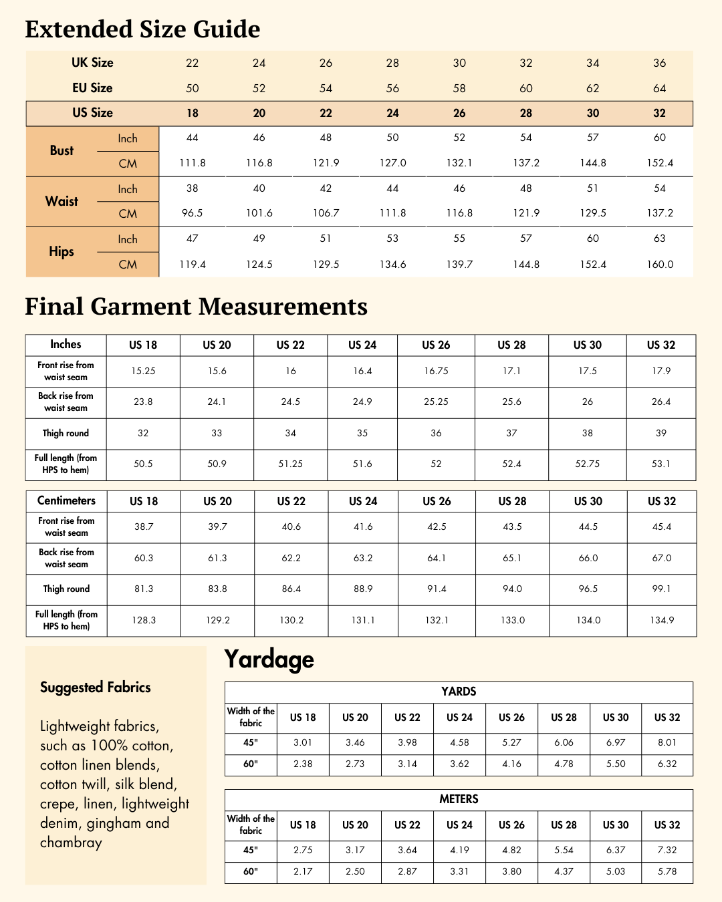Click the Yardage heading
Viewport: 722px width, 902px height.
click(x=269, y=659)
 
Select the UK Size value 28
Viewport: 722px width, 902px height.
click(x=392, y=63)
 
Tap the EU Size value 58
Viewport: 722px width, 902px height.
click(x=459, y=88)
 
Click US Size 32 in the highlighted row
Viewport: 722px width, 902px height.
click(x=659, y=113)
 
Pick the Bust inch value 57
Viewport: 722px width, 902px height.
click(x=592, y=138)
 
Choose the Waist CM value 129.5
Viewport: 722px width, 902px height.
click(x=592, y=213)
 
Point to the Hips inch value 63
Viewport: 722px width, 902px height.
click(x=659, y=239)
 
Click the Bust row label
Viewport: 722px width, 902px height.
click(x=62, y=151)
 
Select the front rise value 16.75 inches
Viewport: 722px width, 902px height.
click(x=436, y=371)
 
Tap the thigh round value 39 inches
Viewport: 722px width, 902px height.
click(x=660, y=433)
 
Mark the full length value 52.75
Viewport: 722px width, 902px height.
click(x=587, y=464)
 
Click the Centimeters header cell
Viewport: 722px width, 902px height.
click(x=66, y=501)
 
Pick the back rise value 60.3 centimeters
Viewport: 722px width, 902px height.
click(x=144, y=558)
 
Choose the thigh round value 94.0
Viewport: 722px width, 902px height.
click(x=512, y=589)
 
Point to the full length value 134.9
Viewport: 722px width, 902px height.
click(x=662, y=620)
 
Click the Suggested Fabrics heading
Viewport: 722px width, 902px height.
click(x=96, y=688)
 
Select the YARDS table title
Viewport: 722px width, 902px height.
click(x=459, y=692)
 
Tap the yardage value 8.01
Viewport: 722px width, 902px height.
click(x=667, y=742)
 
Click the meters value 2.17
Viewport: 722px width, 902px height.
click(x=303, y=871)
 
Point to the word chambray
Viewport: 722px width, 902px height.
click(x=71, y=843)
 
